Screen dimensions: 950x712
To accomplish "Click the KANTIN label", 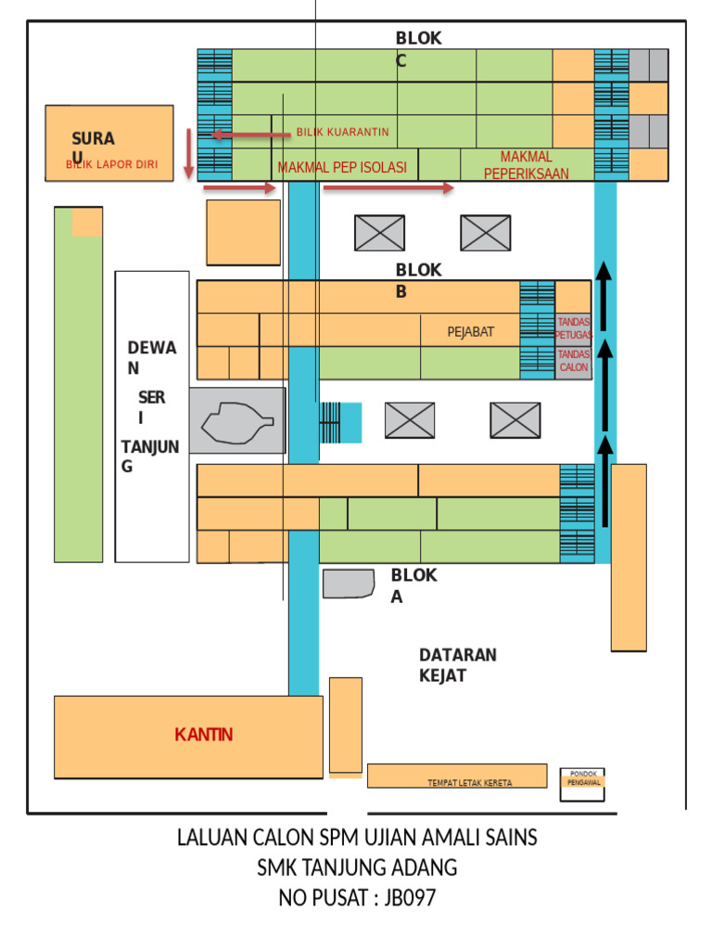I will tap(203, 735).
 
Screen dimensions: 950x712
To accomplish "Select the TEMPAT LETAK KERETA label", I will tap(469, 783).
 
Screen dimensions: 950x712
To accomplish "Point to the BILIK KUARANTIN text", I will tap(342, 133).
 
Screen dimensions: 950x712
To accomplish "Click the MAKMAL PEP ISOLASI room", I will tap(341, 168).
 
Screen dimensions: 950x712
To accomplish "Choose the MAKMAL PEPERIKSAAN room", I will tap(527, 164).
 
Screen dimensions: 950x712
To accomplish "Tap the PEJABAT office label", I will tap(471, 332).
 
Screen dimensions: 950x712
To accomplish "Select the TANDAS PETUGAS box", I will tap(573, 328).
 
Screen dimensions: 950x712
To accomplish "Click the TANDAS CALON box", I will tap(573, 361).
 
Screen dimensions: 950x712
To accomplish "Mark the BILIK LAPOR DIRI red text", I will tap(111, 165).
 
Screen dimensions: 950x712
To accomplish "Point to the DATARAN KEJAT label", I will tap(457, 665).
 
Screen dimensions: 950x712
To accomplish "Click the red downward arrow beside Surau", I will tap(188, 153).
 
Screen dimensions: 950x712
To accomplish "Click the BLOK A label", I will tap(413, 585).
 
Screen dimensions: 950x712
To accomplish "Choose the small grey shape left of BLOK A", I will tap(348, 584).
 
